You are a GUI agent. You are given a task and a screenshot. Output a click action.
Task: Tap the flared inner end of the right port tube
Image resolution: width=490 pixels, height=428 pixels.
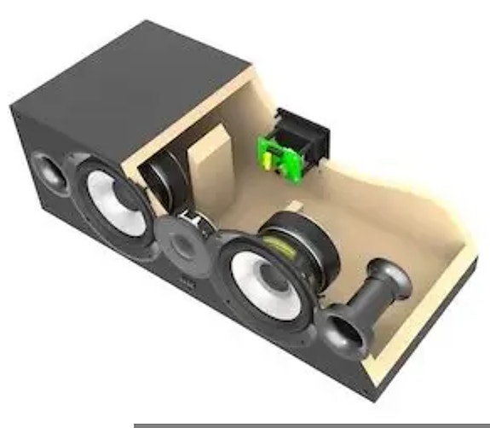(x=397, y=273)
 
